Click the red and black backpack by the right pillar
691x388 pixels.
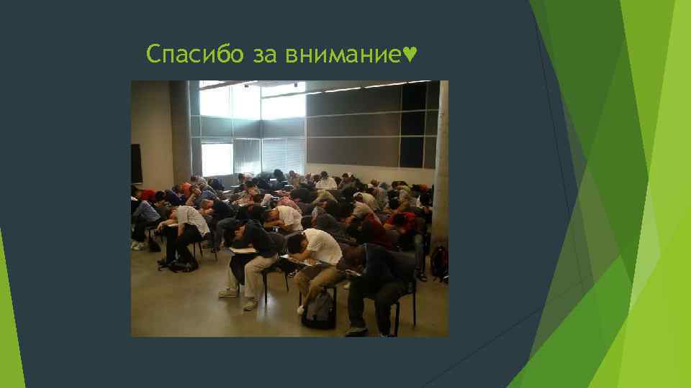pyautogui.click(x=438, y=263)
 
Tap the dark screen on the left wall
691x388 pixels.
pyautogui.click(x=136, y=163)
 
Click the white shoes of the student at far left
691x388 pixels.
pyautogui.click(x=137, y=245)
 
